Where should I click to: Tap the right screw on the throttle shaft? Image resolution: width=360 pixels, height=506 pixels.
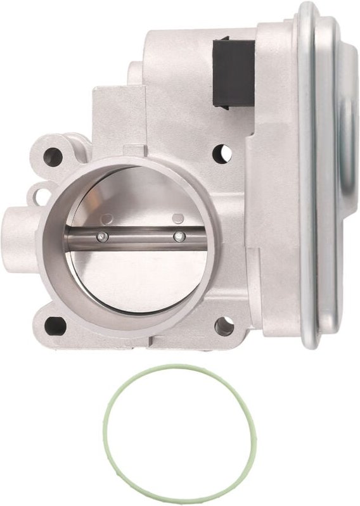point(178,237)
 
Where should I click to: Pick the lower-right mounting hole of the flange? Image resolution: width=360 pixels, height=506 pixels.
point(224,326)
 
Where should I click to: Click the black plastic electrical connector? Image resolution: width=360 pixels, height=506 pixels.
point(233,72)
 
